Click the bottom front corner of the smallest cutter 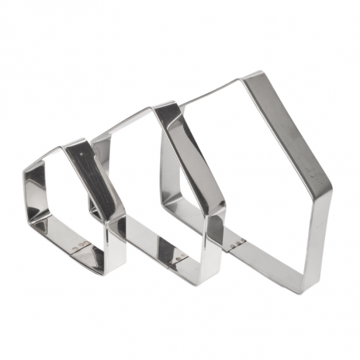(x=102, y=271)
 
